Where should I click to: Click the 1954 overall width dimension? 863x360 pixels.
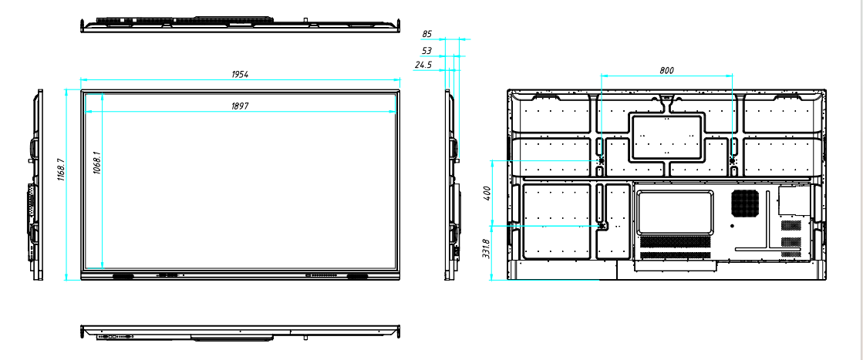pos(241,75)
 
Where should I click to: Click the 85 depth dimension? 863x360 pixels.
pos(427,34)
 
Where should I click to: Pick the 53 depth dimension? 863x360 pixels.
pos(427,50)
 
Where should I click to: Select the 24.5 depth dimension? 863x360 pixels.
pos(423,66)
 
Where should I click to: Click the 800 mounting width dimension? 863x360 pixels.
pos(666,70)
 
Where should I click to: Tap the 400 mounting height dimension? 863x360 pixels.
pos(487,193)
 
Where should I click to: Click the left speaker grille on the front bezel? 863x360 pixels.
pos(123,275)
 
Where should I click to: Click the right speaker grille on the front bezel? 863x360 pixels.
pos(358,275)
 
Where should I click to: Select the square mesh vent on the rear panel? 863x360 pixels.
pos(746,202)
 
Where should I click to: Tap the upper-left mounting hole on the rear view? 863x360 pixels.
pos(601,160)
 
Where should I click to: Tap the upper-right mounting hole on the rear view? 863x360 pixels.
pos(733,160)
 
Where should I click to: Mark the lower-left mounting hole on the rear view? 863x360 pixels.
pos(601,226)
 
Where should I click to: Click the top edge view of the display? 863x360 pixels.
pos(241,23)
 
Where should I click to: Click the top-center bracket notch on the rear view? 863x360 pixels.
pos(666,98)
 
